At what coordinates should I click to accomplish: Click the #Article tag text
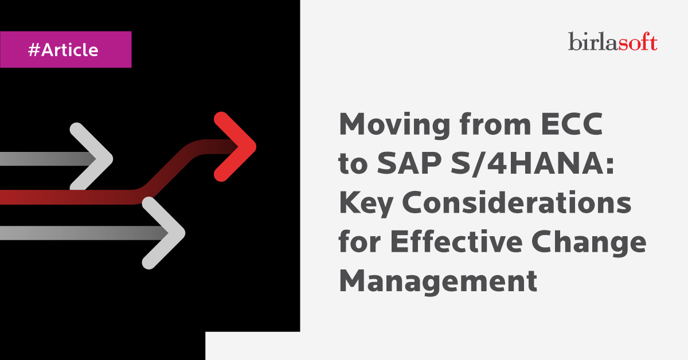[63, 50]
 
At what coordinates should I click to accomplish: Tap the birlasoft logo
[613, 41]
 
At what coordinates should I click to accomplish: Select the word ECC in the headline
[572, 124]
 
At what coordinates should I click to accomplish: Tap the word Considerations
[517, 202]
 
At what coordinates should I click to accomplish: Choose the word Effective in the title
[456, 241]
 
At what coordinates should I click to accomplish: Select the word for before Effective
[359, 241]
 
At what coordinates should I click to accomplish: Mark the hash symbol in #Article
[34, 50]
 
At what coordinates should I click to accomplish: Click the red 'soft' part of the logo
[638, 41]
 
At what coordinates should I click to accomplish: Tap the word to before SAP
[353, 164]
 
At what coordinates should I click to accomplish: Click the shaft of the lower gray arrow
[84, 233]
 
